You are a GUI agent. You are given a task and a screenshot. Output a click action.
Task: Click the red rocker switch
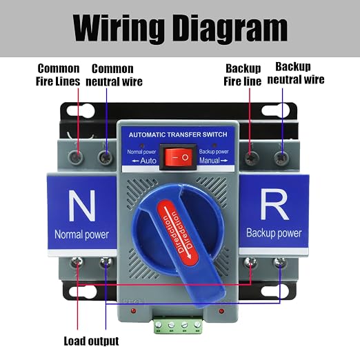coord(179,157)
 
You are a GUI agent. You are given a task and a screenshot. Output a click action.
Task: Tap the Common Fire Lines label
coord(58,75)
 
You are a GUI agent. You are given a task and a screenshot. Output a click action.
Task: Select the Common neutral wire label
coord(114,75)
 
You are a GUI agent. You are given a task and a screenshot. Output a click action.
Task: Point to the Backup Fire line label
coord(243,75)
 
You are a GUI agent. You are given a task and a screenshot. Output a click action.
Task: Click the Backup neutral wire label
coord(296,73)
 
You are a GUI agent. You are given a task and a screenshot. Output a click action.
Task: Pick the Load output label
coord(91,341)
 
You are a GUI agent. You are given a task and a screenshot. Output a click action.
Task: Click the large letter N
coord(82,206)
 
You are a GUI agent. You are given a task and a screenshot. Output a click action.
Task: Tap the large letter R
coord(274,206)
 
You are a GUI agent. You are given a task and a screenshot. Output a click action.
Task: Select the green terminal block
coord(178,325)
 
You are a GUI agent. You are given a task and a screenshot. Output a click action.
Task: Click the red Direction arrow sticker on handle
coord(178,232)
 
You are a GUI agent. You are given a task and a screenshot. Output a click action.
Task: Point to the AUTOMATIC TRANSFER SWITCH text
coord(178,134)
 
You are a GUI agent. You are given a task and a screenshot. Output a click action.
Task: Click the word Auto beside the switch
coord(148,161)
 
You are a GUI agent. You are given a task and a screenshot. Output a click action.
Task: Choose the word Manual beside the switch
coord(210,160)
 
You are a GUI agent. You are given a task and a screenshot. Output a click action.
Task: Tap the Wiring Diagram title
coord(180,28)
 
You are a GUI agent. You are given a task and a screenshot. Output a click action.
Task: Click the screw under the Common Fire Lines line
coord(77,157)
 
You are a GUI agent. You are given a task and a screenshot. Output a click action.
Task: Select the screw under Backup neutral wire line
coord(281,158)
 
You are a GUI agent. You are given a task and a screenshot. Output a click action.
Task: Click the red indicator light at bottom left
coord(133,311)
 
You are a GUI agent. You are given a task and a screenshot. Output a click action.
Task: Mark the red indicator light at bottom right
coord(221,311)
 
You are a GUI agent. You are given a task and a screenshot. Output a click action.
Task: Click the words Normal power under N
coord(81,234)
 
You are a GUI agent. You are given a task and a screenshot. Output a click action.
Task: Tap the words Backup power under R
coord(274,233)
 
